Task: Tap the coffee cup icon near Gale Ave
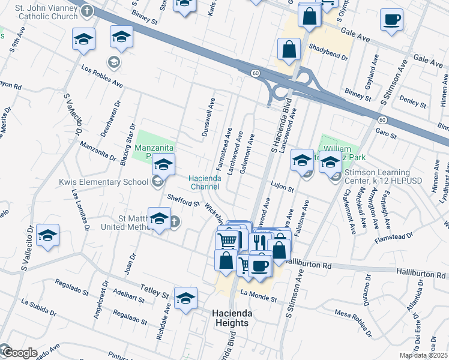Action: (x=391, y=19)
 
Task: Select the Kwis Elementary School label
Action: (x=104, y=181)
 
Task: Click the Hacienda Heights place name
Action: (x=230, y=318)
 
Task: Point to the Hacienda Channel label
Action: (x=208, y=182)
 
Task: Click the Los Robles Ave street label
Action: (x=101, y=77)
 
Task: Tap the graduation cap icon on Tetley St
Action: (x=186, y=298)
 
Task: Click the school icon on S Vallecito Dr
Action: (x=48, y=235)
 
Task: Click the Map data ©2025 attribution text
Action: (x=423, y=355)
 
